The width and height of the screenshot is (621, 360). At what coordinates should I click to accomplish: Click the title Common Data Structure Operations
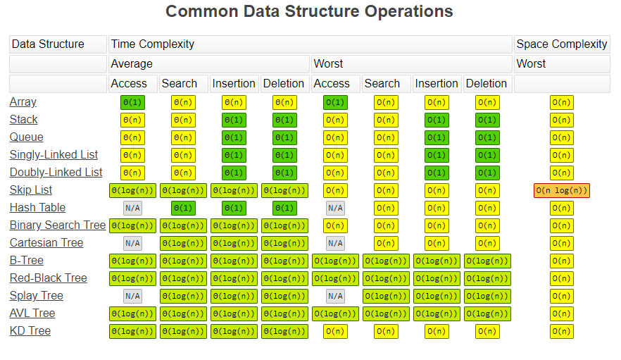point(309,12)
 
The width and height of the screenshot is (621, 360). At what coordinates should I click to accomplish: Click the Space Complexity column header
point(561,44)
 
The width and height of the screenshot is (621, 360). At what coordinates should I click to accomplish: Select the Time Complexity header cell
point(152,44)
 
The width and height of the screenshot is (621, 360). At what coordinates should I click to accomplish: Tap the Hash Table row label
point(37,208)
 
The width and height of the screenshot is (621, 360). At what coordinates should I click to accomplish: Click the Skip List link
point(31,190)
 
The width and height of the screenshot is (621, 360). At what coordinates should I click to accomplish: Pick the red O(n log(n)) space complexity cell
point(561,190)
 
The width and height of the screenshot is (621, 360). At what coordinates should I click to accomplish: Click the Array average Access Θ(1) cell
point(132,102)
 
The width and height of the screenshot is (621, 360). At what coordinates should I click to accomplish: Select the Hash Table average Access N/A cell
point(132,208)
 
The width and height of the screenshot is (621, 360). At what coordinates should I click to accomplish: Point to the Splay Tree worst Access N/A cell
point(335,296)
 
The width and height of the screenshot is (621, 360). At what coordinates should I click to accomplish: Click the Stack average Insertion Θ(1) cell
point(234,120)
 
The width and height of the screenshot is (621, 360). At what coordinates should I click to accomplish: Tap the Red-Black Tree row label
point(48,278)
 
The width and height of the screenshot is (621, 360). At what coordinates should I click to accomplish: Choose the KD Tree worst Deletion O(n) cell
point(487,331)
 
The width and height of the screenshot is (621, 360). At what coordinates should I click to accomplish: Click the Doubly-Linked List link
point(56,173)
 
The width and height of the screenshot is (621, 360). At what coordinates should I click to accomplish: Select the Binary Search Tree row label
point(57,225)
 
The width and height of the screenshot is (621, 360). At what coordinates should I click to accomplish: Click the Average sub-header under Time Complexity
point(132,63)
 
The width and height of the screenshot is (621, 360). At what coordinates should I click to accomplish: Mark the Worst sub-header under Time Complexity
point(328,63)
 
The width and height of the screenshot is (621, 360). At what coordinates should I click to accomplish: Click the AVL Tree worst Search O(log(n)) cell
point(386,314)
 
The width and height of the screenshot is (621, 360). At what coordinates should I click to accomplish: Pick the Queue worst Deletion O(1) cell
point(487,137)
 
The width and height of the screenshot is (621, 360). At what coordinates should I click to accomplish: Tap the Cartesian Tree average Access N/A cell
point(132,243)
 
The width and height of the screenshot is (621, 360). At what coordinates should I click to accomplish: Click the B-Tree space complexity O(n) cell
point(561,261)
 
